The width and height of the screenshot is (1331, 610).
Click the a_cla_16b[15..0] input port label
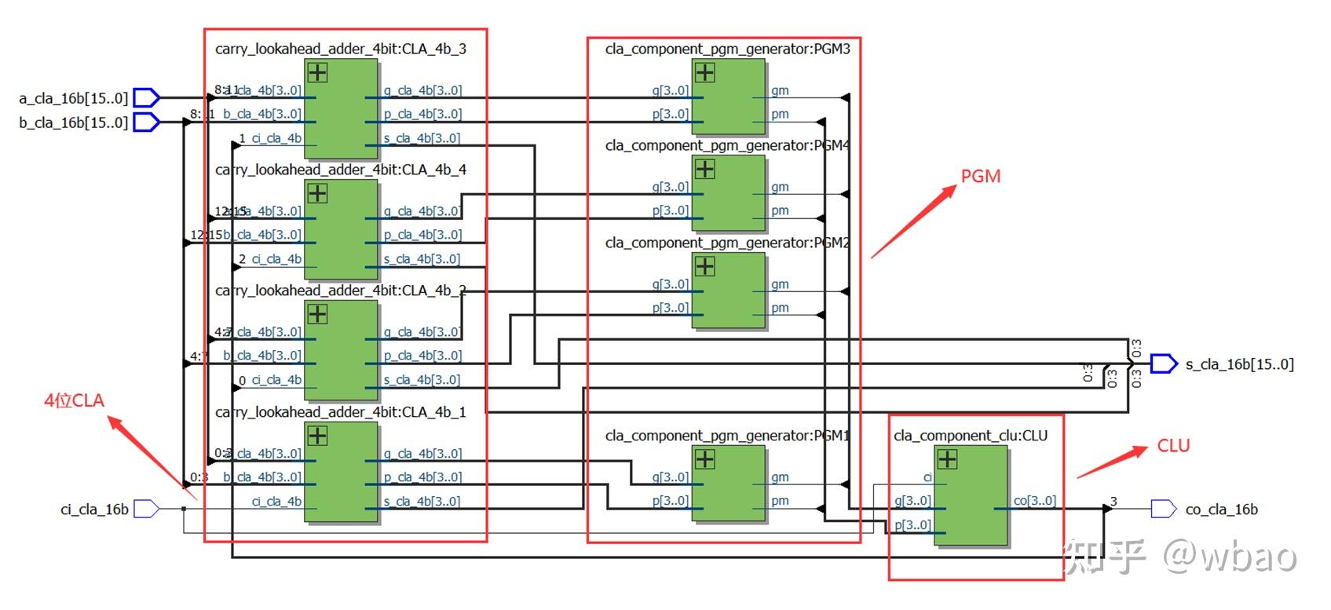[73, 98]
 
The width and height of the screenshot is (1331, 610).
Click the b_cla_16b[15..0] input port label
[73, 122]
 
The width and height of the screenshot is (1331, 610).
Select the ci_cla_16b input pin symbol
[146, 510]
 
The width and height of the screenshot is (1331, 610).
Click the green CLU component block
[971, 502]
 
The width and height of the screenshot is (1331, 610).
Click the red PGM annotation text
[981, 177]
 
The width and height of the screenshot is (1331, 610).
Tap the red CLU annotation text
[1173, 446]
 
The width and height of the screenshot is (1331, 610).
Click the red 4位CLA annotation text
[74, 400]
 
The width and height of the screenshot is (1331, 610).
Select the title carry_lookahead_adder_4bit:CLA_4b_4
[341, 170]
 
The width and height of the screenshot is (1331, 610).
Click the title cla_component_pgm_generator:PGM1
[727, 436]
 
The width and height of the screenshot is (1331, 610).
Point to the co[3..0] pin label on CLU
[1034, 501]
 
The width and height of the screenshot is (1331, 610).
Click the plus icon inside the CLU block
[947, 458]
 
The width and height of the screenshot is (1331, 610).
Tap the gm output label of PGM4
[780, 187]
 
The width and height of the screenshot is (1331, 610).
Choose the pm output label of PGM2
[780, 308]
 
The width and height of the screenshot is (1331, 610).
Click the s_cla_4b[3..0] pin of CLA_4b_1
[422, 502]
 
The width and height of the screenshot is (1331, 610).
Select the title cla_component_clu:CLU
[971, 436]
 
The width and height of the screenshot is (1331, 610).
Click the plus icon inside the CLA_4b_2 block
[317, 314]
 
